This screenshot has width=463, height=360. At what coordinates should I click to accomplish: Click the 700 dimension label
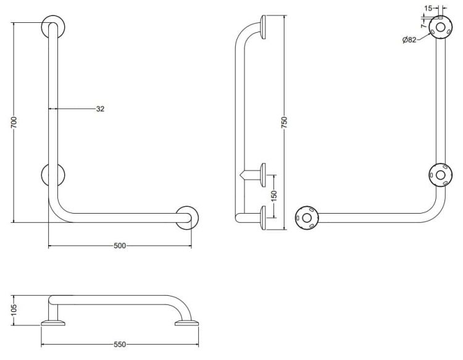[x=14, y=122]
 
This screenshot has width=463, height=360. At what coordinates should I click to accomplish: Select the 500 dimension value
[x=120, y=246]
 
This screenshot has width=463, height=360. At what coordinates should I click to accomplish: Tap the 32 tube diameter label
[x=100, y=109]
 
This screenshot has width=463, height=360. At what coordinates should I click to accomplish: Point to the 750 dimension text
[x=284, y=122]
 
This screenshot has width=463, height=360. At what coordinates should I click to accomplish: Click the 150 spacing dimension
[x=274, y=196]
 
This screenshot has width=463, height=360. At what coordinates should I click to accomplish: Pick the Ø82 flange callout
[x=409, y=40]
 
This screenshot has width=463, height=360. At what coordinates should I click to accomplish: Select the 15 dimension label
[x=428, y=8]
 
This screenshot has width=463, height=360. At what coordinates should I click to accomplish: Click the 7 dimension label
[x=423, y=26]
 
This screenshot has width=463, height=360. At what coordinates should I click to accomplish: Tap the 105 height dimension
[x=14, y=310]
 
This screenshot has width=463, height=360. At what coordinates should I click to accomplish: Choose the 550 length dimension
[x=120, y=345]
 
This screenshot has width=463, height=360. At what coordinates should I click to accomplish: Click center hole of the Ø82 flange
[x=440, y=28]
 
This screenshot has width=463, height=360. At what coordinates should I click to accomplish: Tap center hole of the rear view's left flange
[x=307, y=218]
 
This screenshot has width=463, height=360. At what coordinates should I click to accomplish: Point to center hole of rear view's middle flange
[x=440, y=175]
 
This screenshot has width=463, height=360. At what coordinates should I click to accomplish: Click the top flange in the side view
[x=263, y=27]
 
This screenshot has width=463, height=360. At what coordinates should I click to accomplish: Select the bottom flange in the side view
[x=263, y=218]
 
